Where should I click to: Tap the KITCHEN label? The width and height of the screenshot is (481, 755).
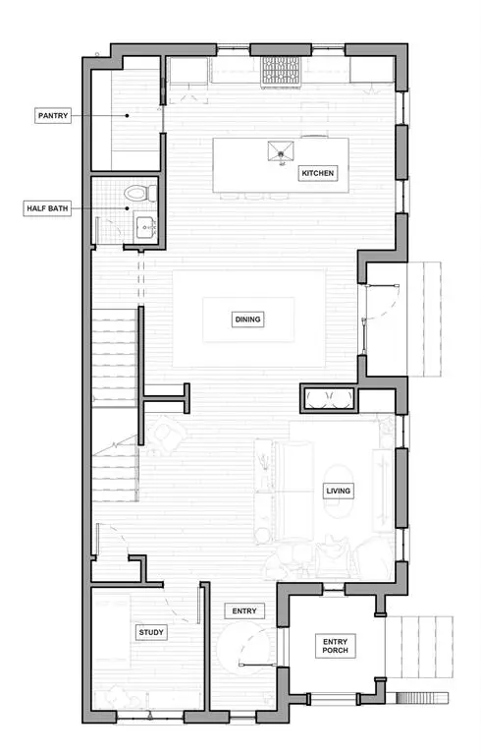(318, 174)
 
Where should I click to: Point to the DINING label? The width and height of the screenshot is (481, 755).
(249, 319)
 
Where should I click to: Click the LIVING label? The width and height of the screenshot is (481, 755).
(339, 490)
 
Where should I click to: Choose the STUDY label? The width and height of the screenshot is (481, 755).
(151, 632)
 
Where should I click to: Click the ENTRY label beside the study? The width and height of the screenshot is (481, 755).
(243, 610)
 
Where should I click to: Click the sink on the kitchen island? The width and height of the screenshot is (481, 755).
(281, 150)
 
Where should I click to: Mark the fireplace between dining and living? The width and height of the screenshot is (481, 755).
(328, 398)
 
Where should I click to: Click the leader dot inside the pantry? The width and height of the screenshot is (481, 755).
(127, 115)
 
